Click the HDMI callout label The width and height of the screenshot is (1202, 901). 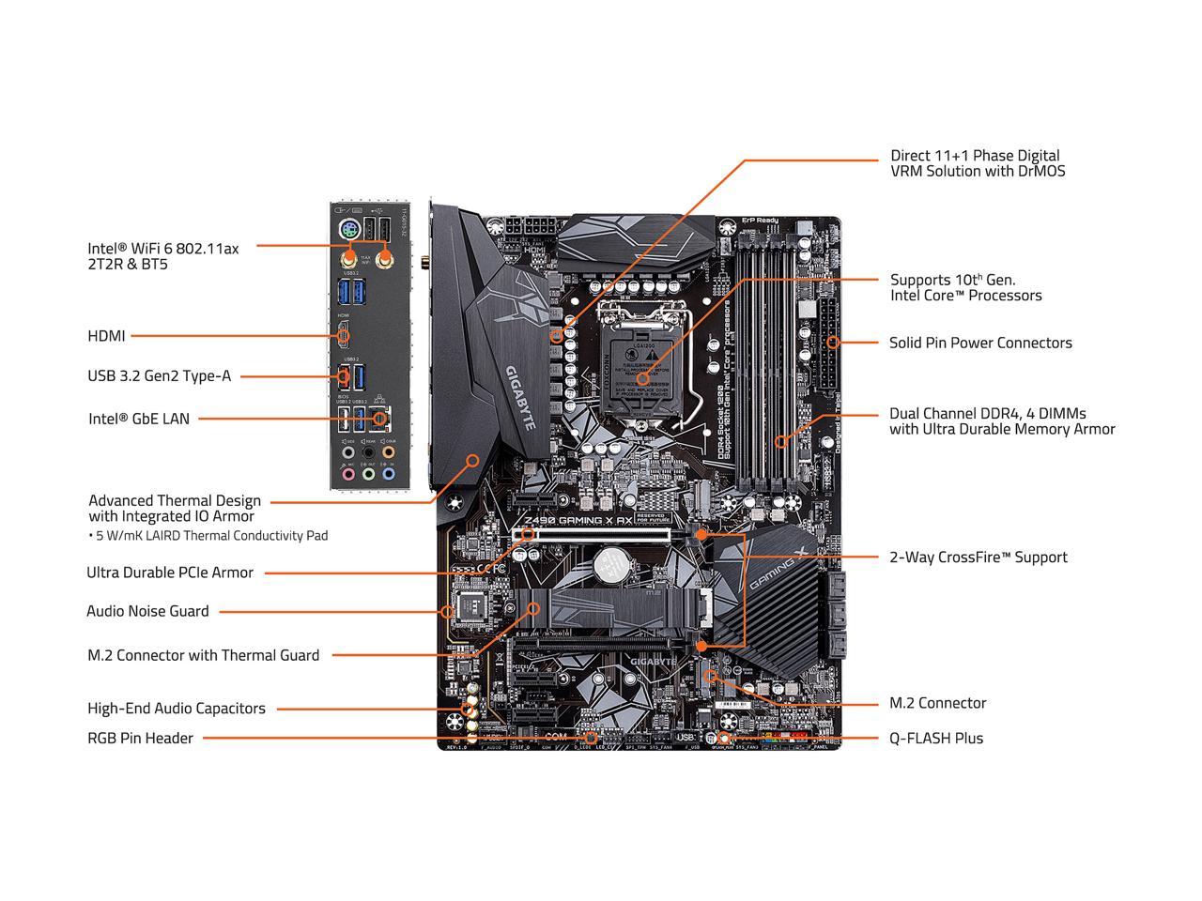pos(106,335)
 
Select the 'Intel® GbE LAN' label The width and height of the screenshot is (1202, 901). pos(138,419)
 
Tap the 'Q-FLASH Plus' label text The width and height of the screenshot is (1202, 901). pos(936,738)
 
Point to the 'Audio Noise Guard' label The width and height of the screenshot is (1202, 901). pos(147,611)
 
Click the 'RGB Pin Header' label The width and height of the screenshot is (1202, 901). pos(140,738)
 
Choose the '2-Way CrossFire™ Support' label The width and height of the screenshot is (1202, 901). pos(978,557)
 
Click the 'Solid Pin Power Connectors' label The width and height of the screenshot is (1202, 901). pos(980,343)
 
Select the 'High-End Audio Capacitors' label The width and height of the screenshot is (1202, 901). pos(176,709)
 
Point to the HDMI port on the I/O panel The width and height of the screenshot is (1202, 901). pos(344,334)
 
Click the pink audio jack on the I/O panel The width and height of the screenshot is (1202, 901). pos(348,474)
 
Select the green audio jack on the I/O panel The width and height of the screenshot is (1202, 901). pos(369,474)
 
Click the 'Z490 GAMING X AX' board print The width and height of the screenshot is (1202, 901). pos(573,519)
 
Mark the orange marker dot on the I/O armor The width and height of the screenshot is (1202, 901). pos(473,460)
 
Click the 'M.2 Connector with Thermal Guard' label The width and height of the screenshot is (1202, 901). pos(203,655)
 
